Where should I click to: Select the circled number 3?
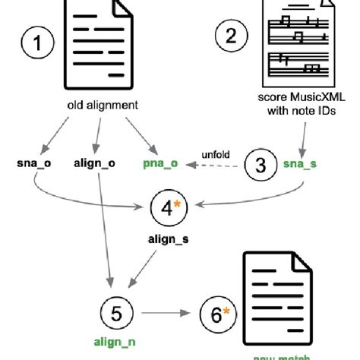[x=261, y=163]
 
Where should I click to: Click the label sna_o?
[x=33, y=163]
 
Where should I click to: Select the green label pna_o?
[x=159, y=163]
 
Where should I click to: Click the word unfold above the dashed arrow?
[x=216, y=153]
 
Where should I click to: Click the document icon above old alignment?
[x=99, y=46]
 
